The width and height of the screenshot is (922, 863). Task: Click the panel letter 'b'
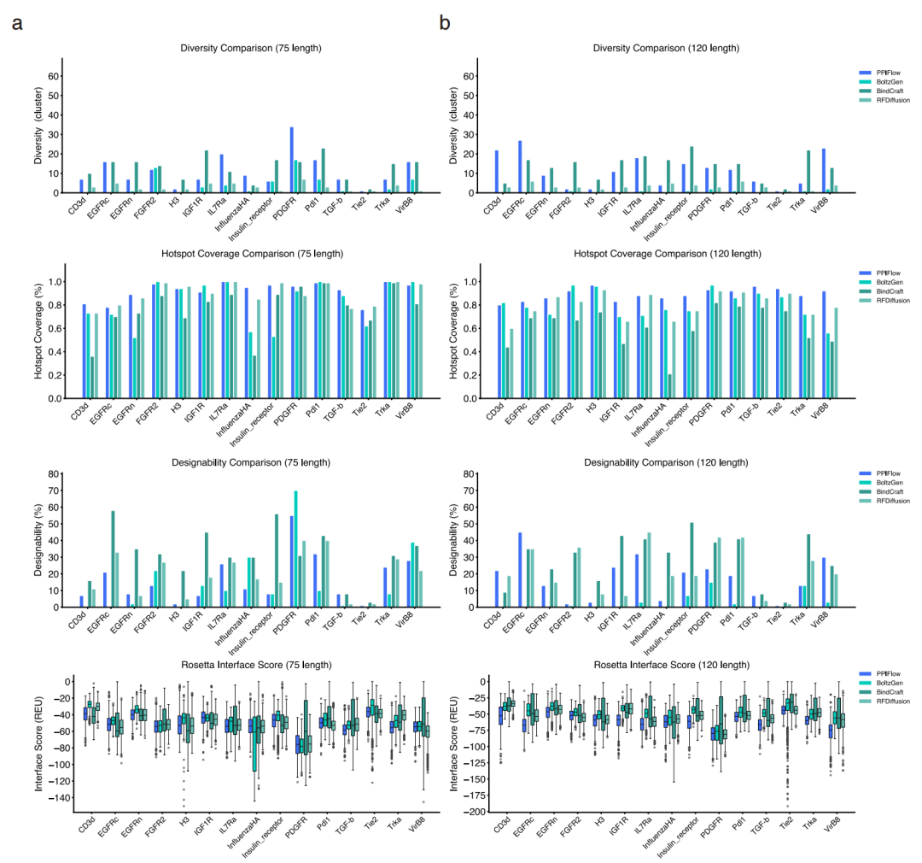click(445, 24)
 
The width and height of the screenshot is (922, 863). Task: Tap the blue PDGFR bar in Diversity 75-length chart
click(292, 160)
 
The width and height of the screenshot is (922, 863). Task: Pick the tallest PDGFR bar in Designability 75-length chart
click(296, 549)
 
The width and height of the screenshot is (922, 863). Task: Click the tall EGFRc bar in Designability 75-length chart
click(114, 559)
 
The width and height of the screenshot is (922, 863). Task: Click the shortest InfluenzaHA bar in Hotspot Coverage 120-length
click(668, 386)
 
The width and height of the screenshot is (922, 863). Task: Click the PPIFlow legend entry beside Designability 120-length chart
click(880, 473)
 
